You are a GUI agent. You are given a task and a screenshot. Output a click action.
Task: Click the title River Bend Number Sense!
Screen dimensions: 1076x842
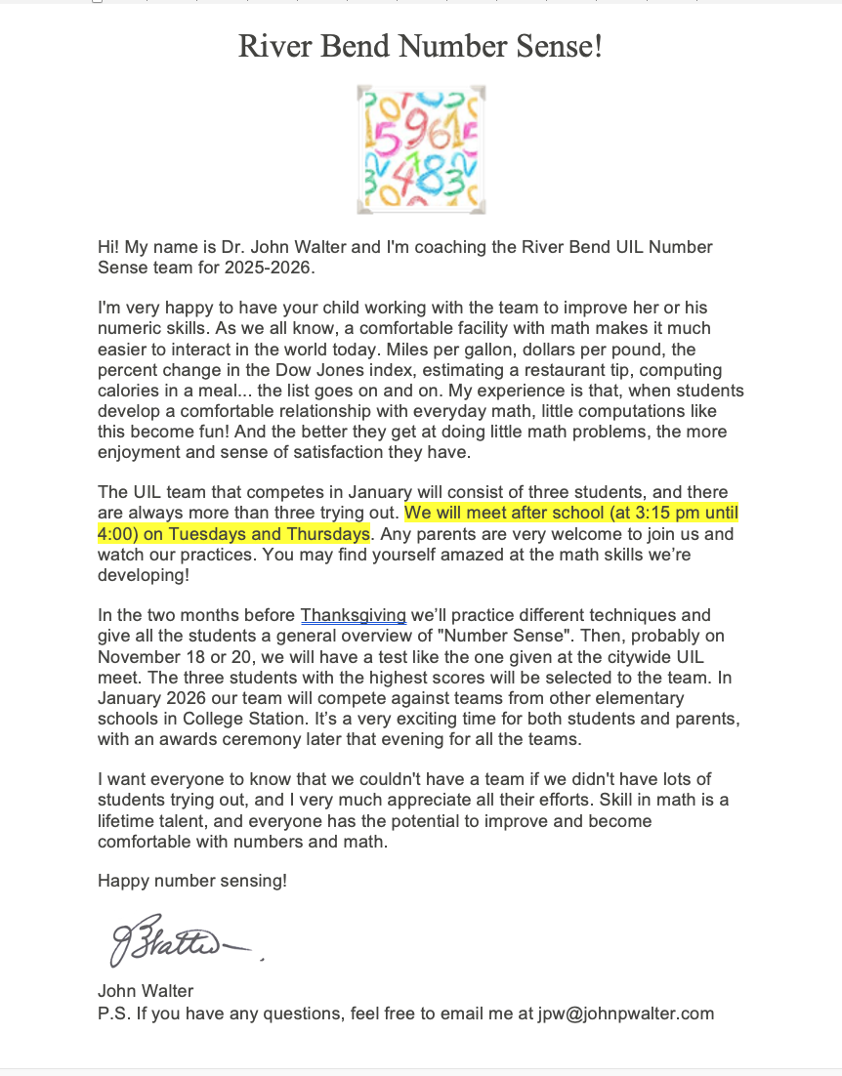click(x=420, y=46)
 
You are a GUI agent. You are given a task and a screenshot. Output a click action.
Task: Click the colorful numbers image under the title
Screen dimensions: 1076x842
click(x=421, y=149)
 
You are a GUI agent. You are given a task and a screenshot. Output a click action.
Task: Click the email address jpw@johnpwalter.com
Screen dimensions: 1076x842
click(x=625, y=1014)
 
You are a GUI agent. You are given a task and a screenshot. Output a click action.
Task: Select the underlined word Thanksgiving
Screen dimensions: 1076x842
click(x=353, y=615)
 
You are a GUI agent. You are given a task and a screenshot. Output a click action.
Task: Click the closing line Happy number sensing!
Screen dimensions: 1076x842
click(x=192, y=881)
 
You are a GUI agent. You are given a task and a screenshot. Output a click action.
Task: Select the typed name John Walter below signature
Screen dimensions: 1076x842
click(x=146, y=992)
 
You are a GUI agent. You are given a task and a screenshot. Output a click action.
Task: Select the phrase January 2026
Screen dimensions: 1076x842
click(x=147, y=699)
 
